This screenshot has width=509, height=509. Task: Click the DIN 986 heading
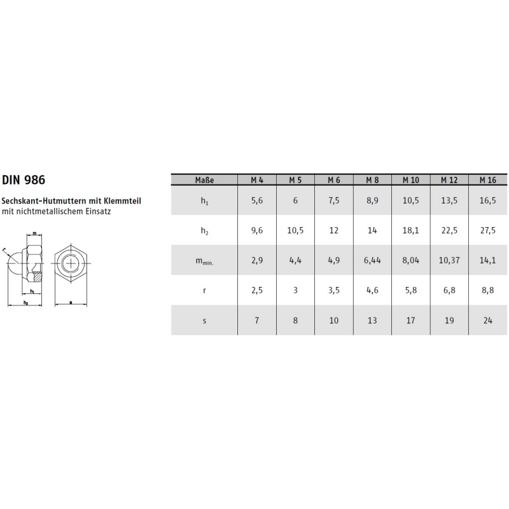point(24,180)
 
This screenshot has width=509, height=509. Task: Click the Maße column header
point(204,180)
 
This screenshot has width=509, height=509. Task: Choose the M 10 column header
point(411,180)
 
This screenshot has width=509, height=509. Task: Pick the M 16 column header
point(488,180)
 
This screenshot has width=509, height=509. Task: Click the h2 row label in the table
point(204,231)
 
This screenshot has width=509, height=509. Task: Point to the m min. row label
point(204,261)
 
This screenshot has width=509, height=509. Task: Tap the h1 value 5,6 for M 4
point(257,200)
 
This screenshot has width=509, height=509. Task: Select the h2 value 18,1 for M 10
point(411,230)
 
